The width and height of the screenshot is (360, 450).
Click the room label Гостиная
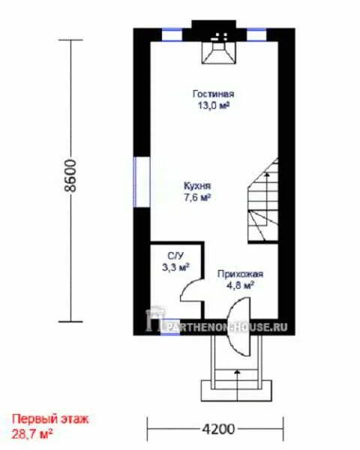(213, 94)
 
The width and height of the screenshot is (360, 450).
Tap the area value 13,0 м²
(213, 106)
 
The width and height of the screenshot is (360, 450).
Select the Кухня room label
(197, 186)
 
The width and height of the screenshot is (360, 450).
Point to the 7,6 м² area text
(197, 198)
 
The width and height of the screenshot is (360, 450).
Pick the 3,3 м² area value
(175, 268)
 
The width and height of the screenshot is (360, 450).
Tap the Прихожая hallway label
(240, 274)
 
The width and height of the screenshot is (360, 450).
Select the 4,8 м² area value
(240, 286)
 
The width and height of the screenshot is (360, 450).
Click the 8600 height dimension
(70, 175)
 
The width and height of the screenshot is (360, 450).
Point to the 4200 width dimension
(218, 430)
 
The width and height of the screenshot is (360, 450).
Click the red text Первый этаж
(50, 419)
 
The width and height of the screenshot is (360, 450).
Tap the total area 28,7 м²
(31, 433)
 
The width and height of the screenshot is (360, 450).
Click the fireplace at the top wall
(219, 52)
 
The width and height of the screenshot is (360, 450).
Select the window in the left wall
(142, 181)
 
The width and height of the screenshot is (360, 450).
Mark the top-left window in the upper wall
(172, 35)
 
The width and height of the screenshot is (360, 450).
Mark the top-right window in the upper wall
(256, 35)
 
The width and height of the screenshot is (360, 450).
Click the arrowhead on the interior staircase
(267, 173)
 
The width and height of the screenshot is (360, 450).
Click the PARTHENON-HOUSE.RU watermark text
(226, 327)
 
